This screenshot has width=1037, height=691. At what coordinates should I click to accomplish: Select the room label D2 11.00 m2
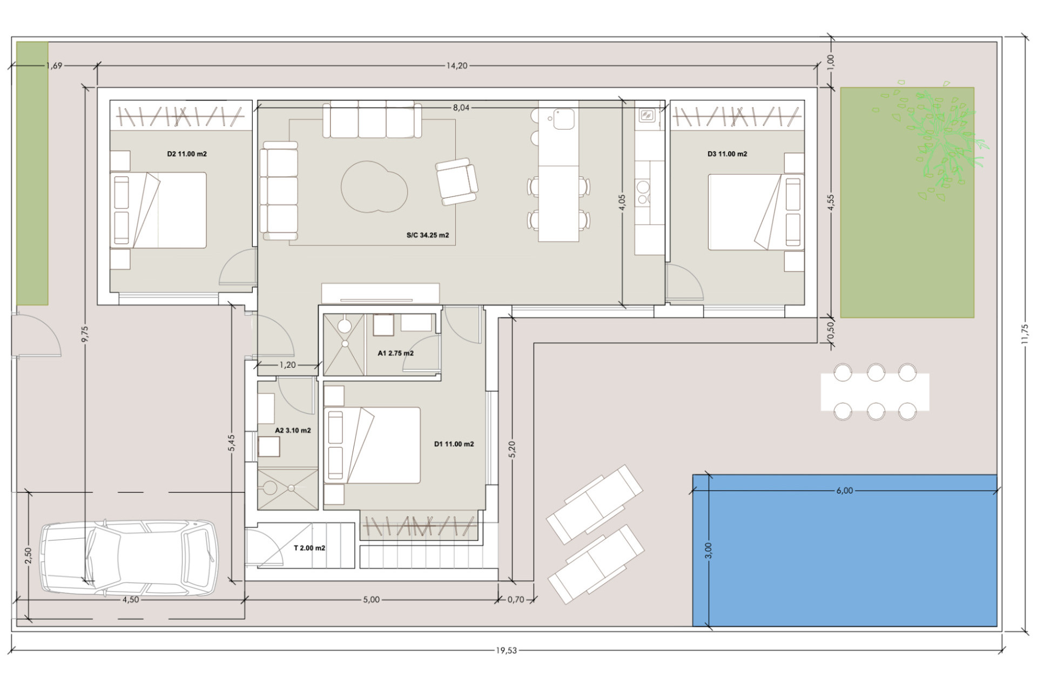click(187, 154)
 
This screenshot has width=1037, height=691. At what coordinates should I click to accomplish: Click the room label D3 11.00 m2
click(727, 154)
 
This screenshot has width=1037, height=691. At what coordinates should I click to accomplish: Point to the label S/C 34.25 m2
click(428, 235)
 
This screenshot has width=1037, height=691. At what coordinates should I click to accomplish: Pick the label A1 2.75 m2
click(395, 354)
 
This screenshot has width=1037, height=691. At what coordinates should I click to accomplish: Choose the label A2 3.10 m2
click(293, 431)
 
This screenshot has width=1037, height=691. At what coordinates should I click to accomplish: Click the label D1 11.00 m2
click(454, 444)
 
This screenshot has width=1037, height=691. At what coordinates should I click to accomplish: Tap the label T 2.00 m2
click(309, 548)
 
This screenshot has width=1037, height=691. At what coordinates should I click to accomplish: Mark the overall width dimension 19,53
click(506, 651)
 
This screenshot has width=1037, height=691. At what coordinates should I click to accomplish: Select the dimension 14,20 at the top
click(456, 66)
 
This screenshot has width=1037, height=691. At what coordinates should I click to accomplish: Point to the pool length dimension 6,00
click(844, 491)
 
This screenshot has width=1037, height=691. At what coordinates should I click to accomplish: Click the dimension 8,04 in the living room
click(461, 108)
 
